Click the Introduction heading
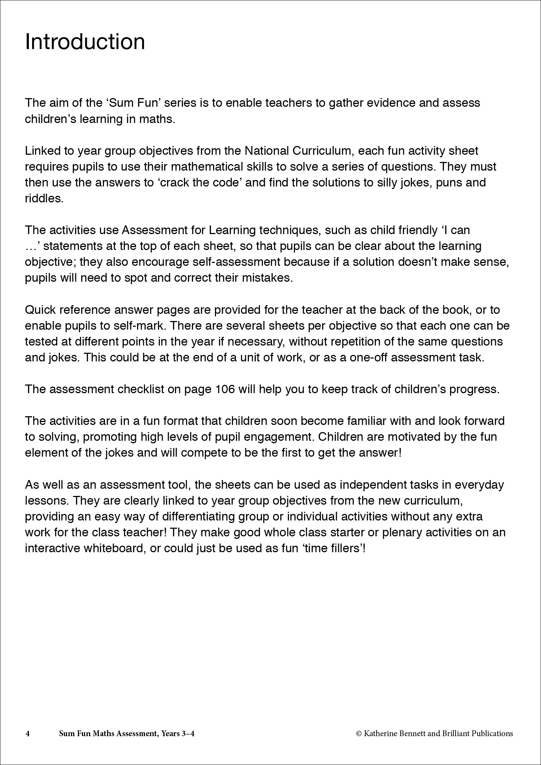click(85, 42)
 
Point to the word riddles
click(44, 198)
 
